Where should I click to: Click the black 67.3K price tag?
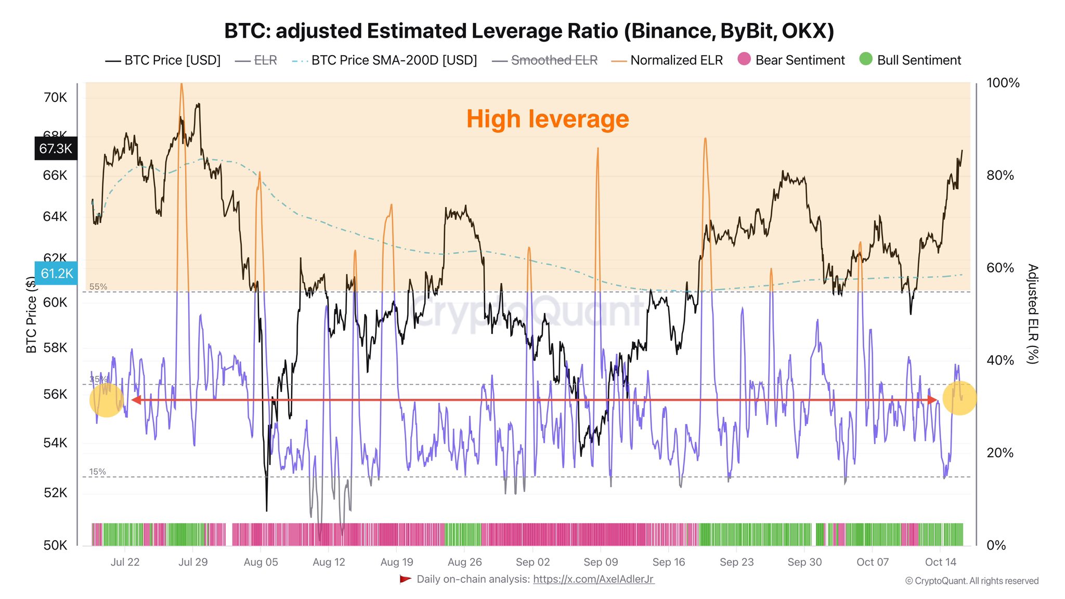click(x=56, y=149)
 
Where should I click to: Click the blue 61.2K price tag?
click(x=56, y=274)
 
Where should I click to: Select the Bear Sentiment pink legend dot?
click(x=744, y=59)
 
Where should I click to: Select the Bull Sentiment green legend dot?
click(x=866, y=59)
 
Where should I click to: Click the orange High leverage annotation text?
click(x=547, y=119)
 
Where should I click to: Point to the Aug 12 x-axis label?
click(x=329, y=562)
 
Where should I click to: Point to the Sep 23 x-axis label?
click(x=736, y=562)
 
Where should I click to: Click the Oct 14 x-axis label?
click(x=940, y=562)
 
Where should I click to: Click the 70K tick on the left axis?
click(x=55, y=97)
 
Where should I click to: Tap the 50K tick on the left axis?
click(x=55, y=545)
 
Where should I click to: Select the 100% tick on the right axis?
click(x=1003, y=83)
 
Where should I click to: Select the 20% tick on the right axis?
click(x=1000, y=452)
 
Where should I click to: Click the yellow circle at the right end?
click(x=959, y=398)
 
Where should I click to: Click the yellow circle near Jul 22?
click(x=107, y=400)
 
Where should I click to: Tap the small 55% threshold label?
click(x=98, y=287)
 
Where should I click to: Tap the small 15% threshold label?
click(x=97, y=472)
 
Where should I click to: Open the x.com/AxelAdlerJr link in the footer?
click(x=593, y=579)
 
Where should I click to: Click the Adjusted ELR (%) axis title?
click(x=1032, y=314)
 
